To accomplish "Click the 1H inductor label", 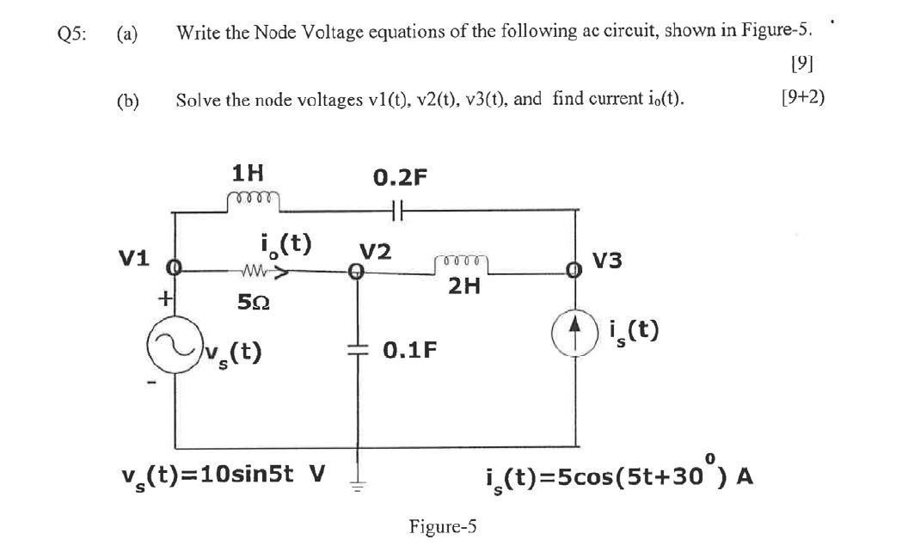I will tap(249, 174).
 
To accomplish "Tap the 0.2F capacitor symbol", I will tap(396, 209).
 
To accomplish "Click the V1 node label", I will tap(133, 258).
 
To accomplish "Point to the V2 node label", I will tap(375, 252).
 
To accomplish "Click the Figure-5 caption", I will tap(444, 525).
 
